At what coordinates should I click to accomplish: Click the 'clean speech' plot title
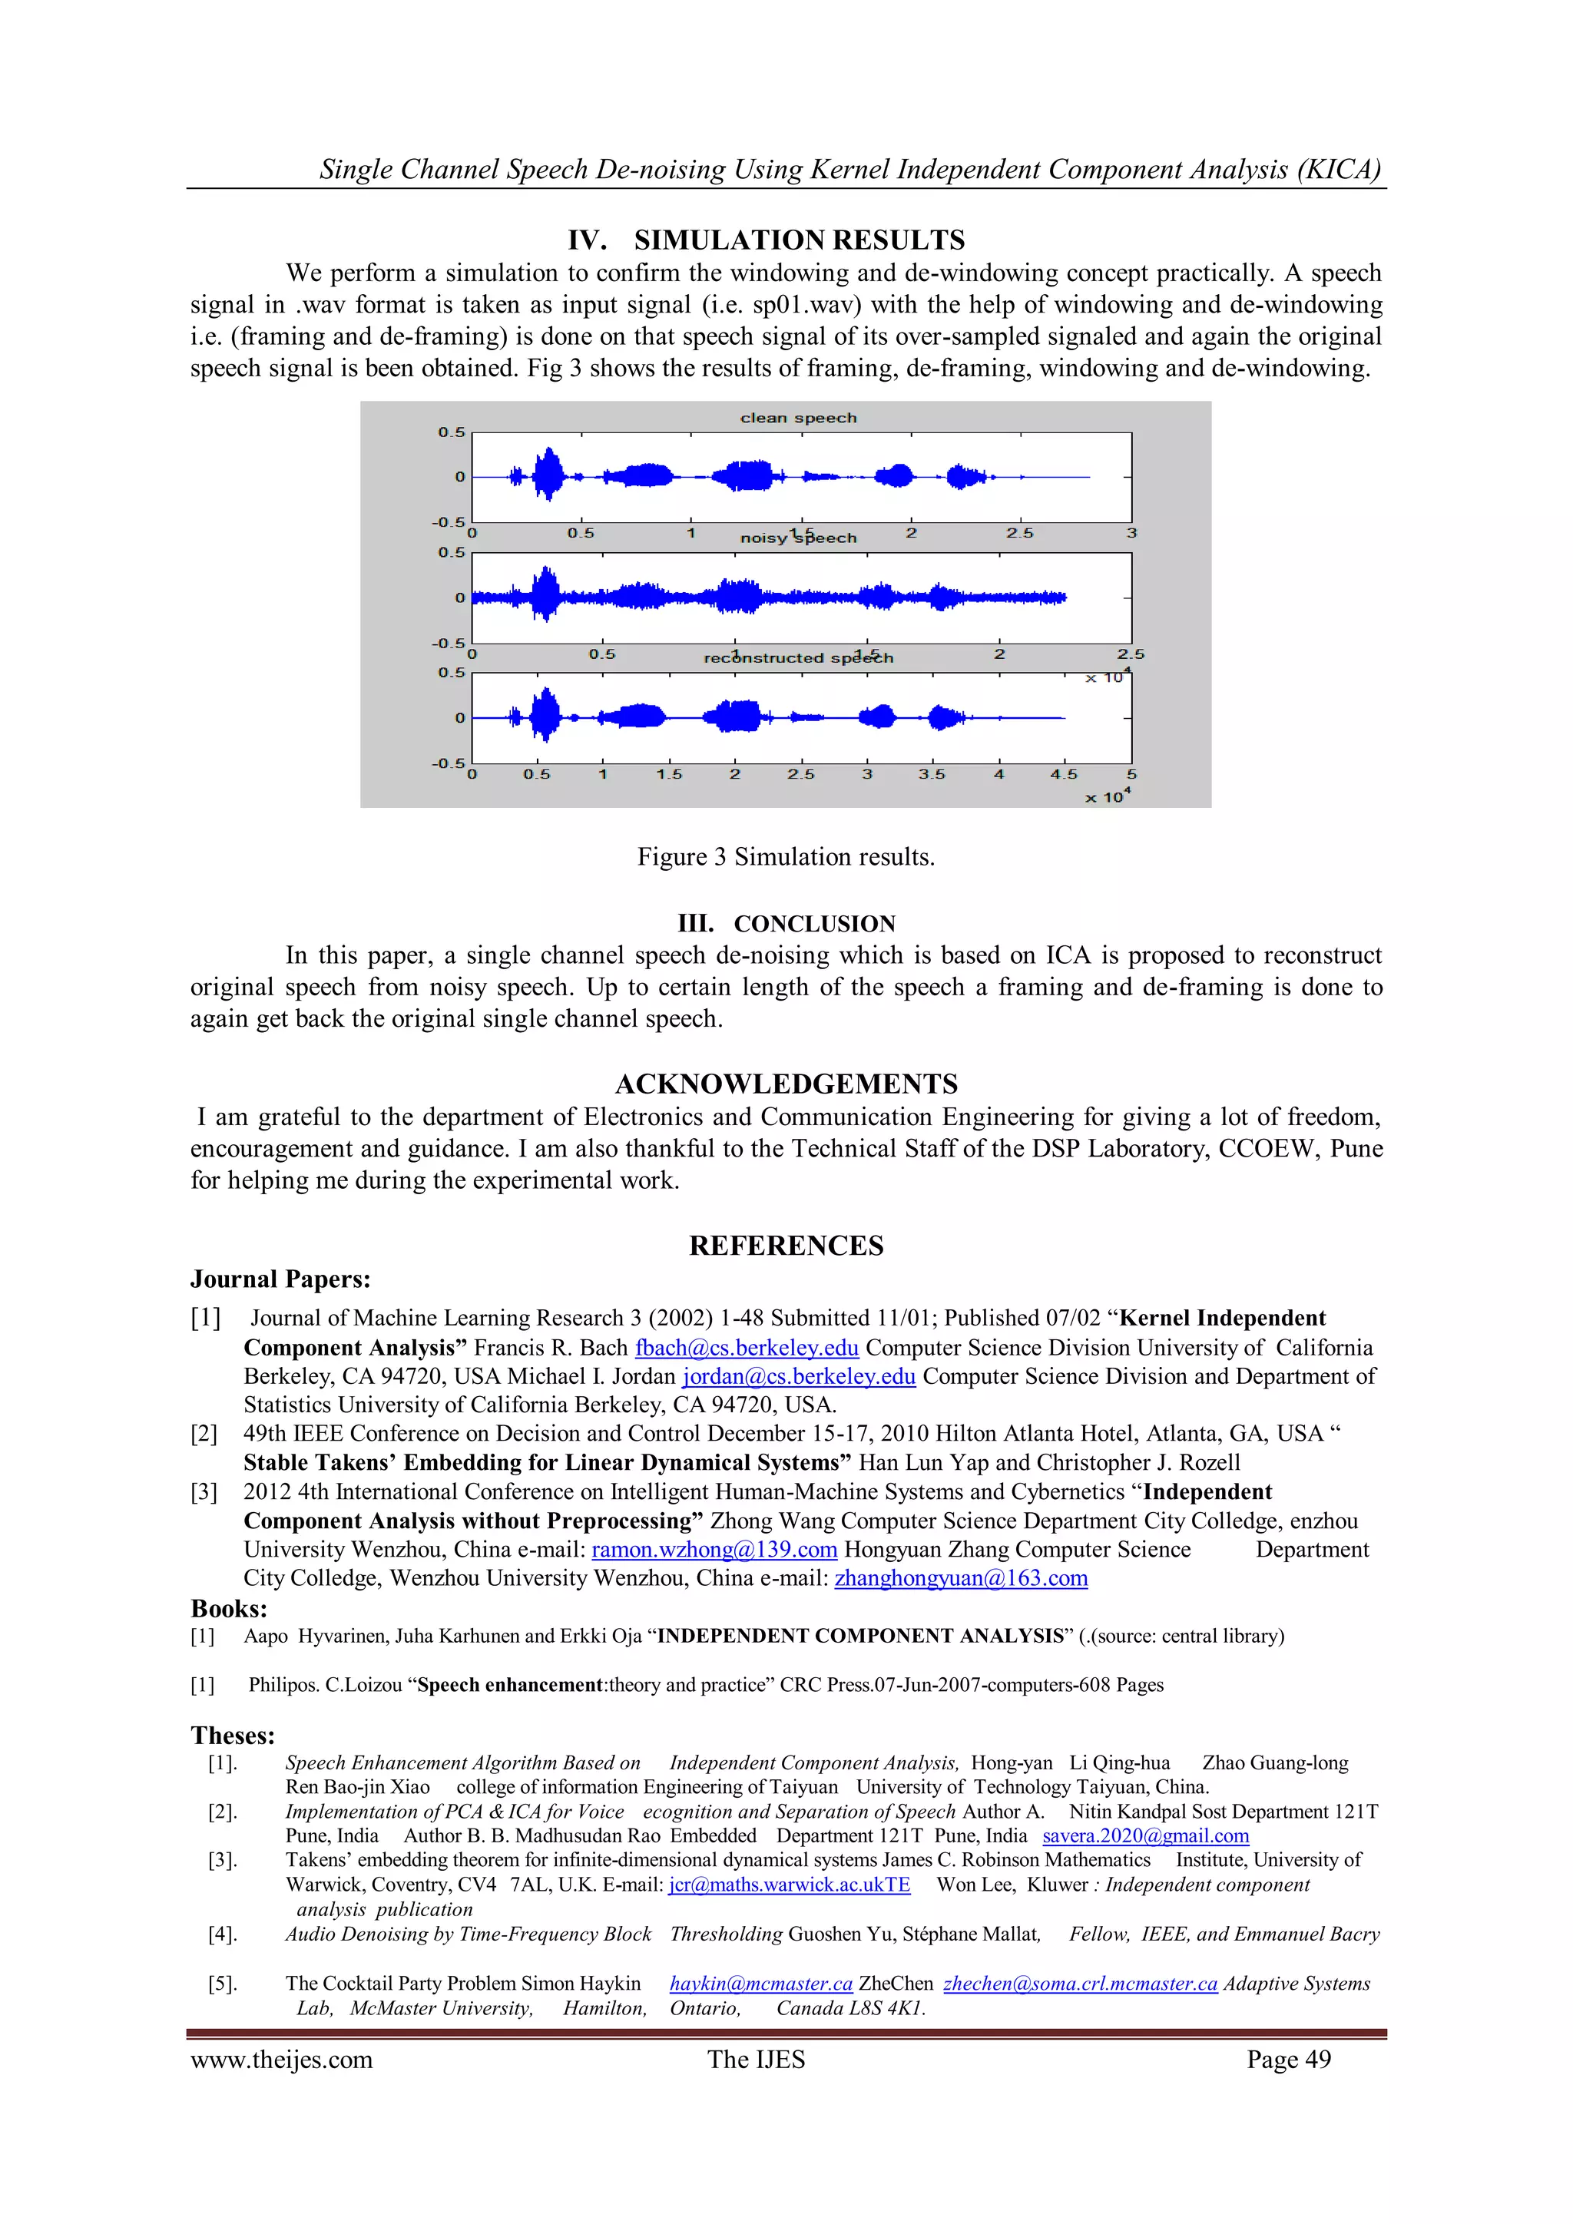tap(798, 418)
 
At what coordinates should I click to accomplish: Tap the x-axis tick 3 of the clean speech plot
tap(1131, 533)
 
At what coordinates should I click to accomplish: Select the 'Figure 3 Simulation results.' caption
tap(786, 856)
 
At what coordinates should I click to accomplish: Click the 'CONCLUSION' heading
tap(813, 923)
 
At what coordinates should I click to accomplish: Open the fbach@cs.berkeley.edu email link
tap(746, 1348)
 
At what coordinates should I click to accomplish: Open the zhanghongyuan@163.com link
tap(961, 1578)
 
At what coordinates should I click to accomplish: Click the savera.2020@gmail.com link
tap(1145, 1835)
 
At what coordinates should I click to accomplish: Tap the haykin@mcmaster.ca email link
tap(760, 1983)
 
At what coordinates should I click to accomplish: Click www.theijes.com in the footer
tap(281, 2060)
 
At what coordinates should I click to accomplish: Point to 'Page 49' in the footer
tap(1288, 2060)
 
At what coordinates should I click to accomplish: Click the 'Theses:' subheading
tap(233, 1735)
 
